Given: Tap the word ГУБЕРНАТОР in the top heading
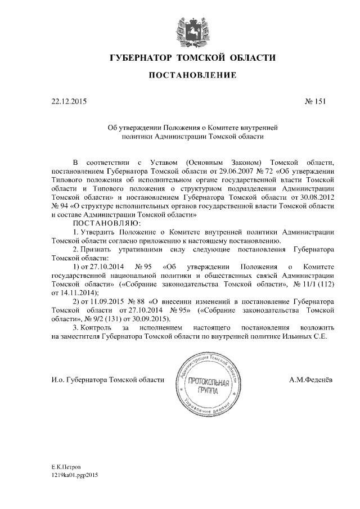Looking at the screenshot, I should (141, 58).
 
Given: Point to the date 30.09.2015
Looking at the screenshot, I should (166, 318).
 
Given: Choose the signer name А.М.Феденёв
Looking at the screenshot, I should (310, 380).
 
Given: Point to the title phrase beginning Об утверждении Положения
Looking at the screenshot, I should (193, 128).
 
